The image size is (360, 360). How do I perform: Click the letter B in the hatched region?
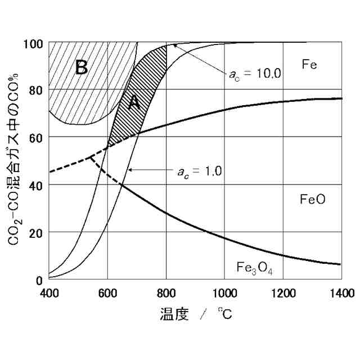coord(82,67)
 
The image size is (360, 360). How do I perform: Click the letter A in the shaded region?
coord(133,102)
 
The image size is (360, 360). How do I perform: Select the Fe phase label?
coord(309,64)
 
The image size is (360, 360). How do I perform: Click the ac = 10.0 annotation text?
coord(255,73)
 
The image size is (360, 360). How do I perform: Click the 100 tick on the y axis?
coord(35,43)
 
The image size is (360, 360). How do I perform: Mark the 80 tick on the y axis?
coord(37,90)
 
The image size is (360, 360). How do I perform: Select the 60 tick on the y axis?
coord(37,137)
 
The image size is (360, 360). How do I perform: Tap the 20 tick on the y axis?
coord(37,232)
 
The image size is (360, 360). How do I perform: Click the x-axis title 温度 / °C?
coord(195,314)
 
